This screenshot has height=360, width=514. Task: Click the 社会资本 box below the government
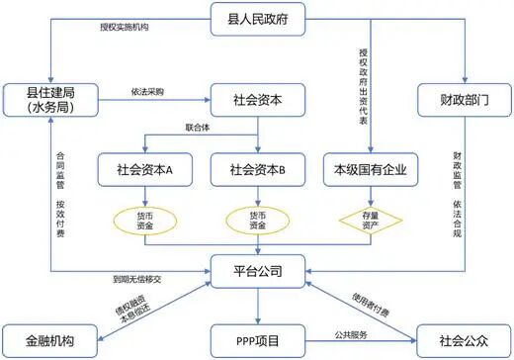pos(257,100)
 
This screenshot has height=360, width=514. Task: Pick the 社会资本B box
pos(257,169)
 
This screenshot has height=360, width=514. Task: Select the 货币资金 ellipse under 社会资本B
pos(257,220)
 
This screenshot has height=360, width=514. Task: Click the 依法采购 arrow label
pos(146,91)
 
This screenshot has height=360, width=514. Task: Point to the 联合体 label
pos(199,129)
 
